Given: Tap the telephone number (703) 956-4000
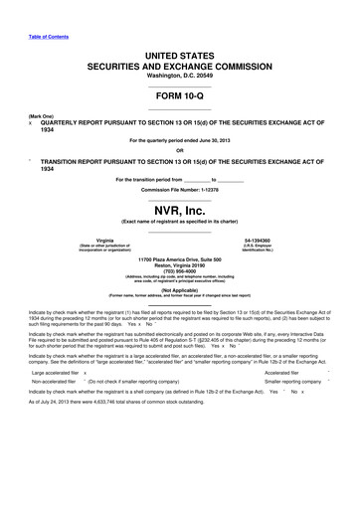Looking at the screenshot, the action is [179, 275].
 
